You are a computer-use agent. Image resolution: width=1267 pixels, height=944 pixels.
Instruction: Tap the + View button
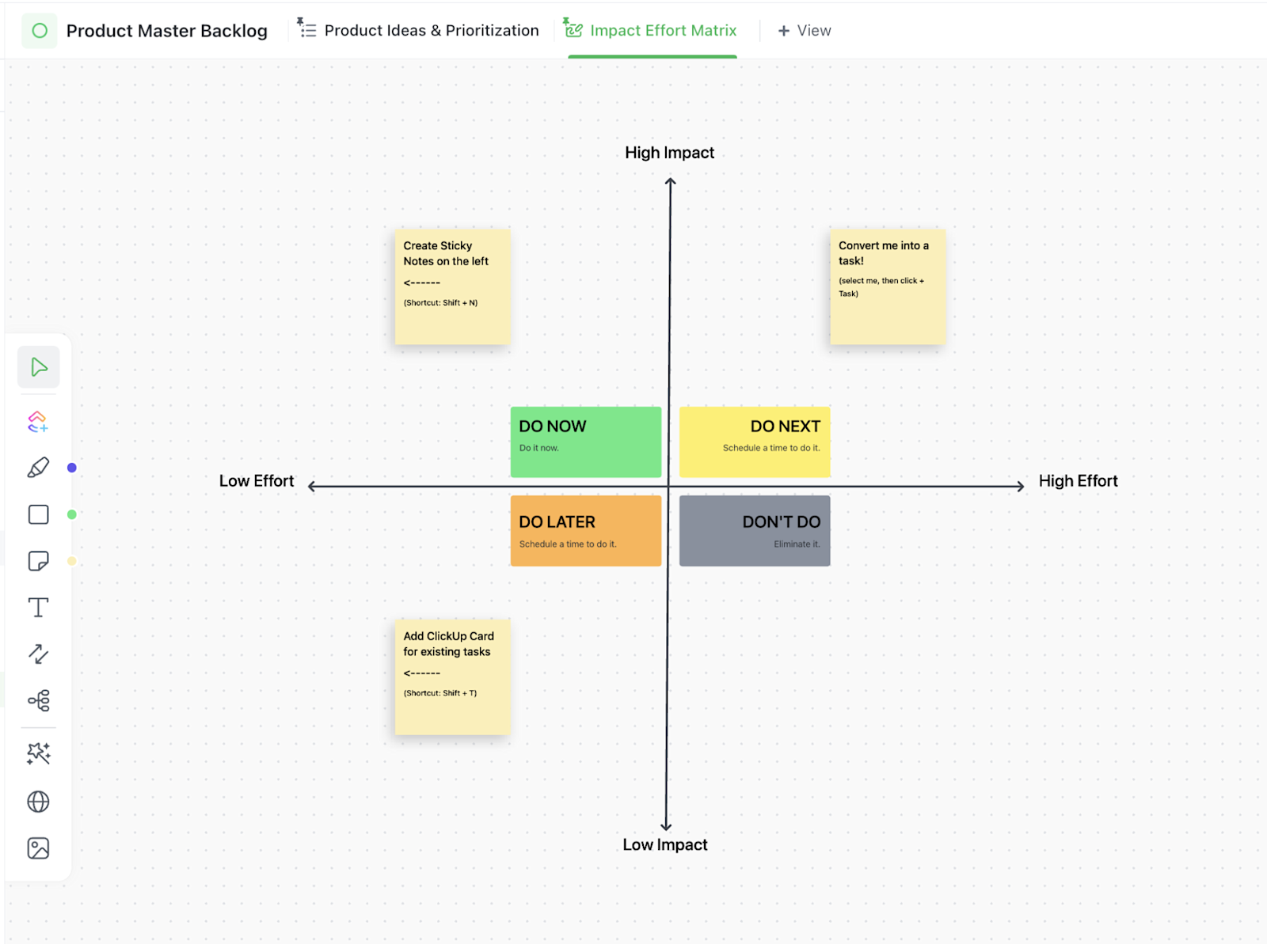tap(805, 31)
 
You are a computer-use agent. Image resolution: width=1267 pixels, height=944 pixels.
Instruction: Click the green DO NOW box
tap(585, 442)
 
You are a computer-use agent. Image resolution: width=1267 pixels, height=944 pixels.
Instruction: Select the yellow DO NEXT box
tap(754, 442)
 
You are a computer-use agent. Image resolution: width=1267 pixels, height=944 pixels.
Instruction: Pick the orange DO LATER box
tap(585, 530)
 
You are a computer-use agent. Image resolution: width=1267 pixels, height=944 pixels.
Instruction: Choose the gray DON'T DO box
tap(754, 530)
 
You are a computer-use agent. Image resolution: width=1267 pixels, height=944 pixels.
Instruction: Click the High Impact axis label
tap(669, 153)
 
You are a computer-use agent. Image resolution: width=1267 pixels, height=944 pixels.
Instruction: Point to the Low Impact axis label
tap(664, 844)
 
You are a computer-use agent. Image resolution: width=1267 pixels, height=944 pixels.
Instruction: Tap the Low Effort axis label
tap(256, 481)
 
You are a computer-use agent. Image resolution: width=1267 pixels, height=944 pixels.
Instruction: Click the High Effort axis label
tap(1078, 481)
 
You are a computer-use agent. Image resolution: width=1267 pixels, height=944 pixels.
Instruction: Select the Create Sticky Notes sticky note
tap(452, 286)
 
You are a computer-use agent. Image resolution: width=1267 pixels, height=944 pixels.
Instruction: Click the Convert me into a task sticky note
tap(887, 286)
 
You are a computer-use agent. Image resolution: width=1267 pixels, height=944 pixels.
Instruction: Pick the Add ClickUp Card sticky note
tap(452, 677)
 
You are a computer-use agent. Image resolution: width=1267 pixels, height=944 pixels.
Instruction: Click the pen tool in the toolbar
tap(38, 468)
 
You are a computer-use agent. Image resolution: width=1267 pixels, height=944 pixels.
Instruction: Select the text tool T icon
tap(38, 608)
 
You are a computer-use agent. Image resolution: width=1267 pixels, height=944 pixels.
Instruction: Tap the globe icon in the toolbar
tap(38, 802)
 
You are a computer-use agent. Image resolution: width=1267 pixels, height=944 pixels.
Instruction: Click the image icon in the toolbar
tap(38, 848)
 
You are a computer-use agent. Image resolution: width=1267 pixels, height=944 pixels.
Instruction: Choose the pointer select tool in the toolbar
tap(38, 367)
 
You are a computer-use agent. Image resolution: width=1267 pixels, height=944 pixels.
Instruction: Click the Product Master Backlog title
tap(166, 31)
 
